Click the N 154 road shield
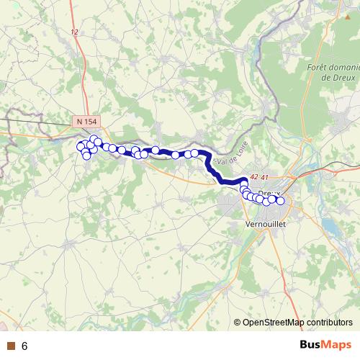pyautogui.click(x=88, y=122)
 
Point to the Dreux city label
pyautogui.click(x=268, y=194)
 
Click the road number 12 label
pyautogui.click(x=74, y=32)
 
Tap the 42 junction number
pyautogui.click(x=253, y=177)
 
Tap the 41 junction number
pyautogui.click(x=264, y=177)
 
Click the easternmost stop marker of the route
pyautogui.click(x=281, y=202)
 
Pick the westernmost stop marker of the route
pyautogui.click(x=81, y=146)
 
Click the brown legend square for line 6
pyautogui.click(x=9, y=346)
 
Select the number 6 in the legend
pyautogui.click(x=24, y=346)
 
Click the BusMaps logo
pyautogui.click(x=325, y=345)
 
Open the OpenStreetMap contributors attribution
pyautogui.click(x=297, y=322)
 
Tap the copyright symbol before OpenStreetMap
pyautogui.click(x=238, y=322)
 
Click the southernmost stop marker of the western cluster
pyautogui.click(x=86, y=156)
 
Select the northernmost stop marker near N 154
pyautogui.click(x=94, y=139)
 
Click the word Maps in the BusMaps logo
pyautogui.click(x=337, y=345)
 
